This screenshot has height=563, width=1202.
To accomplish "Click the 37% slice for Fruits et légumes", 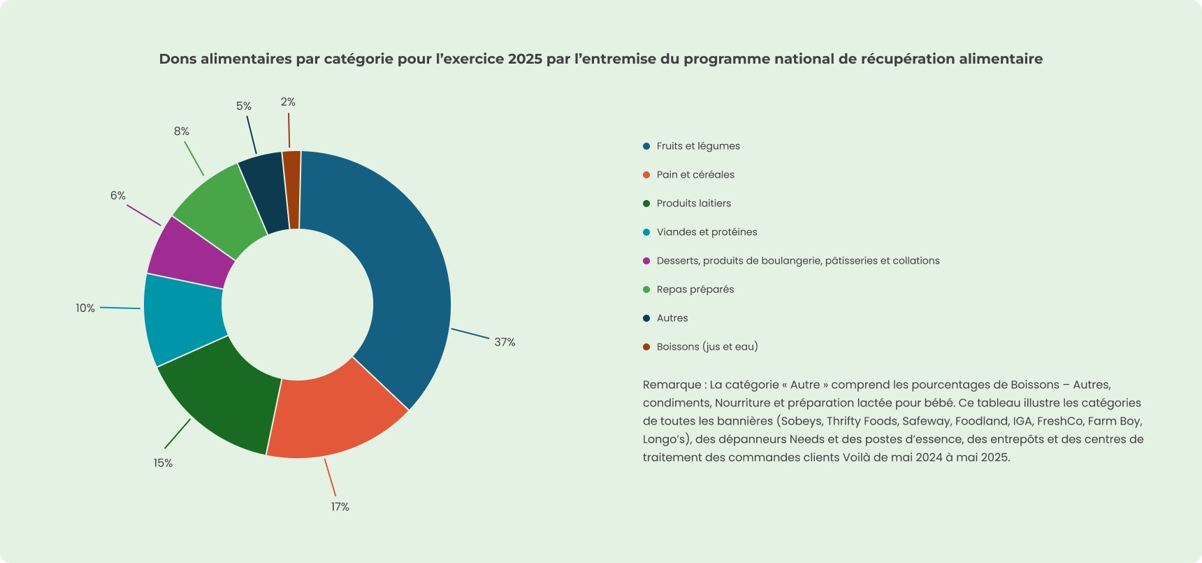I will pos(405,280).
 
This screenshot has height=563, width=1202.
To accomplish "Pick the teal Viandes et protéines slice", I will pos(183,318).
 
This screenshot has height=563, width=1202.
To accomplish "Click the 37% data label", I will pos(505,342).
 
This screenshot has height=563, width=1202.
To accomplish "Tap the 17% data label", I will pos(340,506).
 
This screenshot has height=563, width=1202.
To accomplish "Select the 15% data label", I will pos(163,463).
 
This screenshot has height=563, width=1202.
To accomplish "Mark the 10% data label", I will pos(85,308).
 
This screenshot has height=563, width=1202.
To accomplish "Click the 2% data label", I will pos(288,102).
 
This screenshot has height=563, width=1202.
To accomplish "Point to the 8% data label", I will pos(181,131).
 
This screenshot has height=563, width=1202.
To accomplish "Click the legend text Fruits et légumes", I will pos(698,146).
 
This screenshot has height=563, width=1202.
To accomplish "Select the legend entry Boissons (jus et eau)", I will pos(707,347).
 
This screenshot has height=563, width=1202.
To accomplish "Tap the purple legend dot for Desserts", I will pos(646,261).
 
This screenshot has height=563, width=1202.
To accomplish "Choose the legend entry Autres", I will pos(672,318).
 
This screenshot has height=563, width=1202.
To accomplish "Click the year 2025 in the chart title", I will pos(525,59).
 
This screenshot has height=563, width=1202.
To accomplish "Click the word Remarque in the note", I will pos(672,385).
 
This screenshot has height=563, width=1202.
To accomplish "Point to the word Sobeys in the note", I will pos(802,421).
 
